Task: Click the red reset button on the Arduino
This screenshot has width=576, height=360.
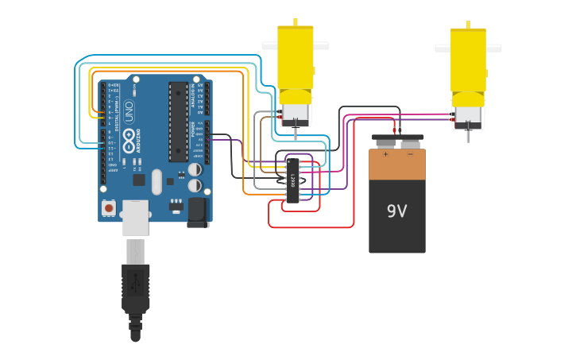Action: pos(109,207)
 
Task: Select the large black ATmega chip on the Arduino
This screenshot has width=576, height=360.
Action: pos(178,121)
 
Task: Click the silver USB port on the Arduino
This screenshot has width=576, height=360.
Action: pos(135,216)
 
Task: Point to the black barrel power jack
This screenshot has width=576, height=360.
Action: pos(197,211)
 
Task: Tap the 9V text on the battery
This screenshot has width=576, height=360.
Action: pos(396,211)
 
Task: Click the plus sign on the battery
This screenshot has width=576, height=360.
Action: pos(386,154)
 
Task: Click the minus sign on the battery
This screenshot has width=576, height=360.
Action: pos(410,154)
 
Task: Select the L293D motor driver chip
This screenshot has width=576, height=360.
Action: pos(293,180)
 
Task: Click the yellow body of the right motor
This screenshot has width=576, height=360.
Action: pos(468,60)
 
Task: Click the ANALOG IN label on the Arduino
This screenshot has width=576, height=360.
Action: pos(192,95)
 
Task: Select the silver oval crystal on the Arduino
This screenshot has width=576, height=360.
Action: pos(157,181)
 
